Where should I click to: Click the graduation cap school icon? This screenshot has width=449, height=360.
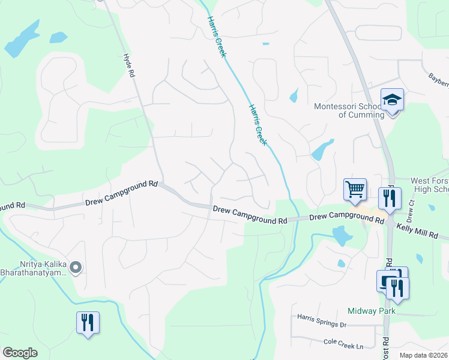point(392,100)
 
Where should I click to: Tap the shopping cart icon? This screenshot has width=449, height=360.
point(355,190)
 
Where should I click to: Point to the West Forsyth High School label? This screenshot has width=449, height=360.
point(429,185)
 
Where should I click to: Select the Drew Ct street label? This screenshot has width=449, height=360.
point(411,209)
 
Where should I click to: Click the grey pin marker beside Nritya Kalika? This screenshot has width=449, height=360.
point(76,268)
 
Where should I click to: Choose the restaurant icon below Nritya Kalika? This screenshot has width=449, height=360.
point(88,323)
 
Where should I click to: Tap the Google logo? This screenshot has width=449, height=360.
point(20,353)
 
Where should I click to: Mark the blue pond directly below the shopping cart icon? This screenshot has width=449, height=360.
point(342,235)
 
